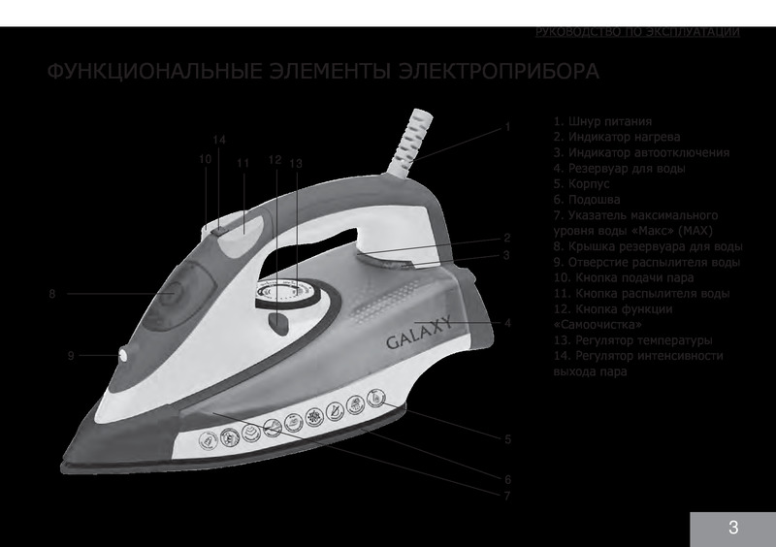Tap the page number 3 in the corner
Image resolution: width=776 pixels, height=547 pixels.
click(x=733, y=529)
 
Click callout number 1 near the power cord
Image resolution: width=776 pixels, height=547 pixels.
click(x=506, y=127)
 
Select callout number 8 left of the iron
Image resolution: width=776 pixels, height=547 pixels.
click(x=51, y=293)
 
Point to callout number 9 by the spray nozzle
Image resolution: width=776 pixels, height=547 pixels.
click(x=71, y=356)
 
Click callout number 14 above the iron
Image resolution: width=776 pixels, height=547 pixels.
click(x=219, y=141)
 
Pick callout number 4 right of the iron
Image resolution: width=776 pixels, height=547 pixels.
click(x=507, y=322)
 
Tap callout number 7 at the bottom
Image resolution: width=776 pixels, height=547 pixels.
click(x=506, y=496)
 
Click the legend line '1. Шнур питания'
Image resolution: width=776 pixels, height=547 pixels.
click(x=601, y=123)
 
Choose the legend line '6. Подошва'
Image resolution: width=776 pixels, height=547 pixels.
click(x=587, y=198)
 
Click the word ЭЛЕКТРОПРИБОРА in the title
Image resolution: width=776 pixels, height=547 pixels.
click(x=486, y=73)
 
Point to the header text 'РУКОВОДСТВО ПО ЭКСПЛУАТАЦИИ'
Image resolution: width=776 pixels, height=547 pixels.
click(x=637, y=32)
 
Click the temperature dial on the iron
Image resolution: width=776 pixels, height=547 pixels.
click(x=287, y=291)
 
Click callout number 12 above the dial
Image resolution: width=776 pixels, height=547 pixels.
click(x=275, y=159)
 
